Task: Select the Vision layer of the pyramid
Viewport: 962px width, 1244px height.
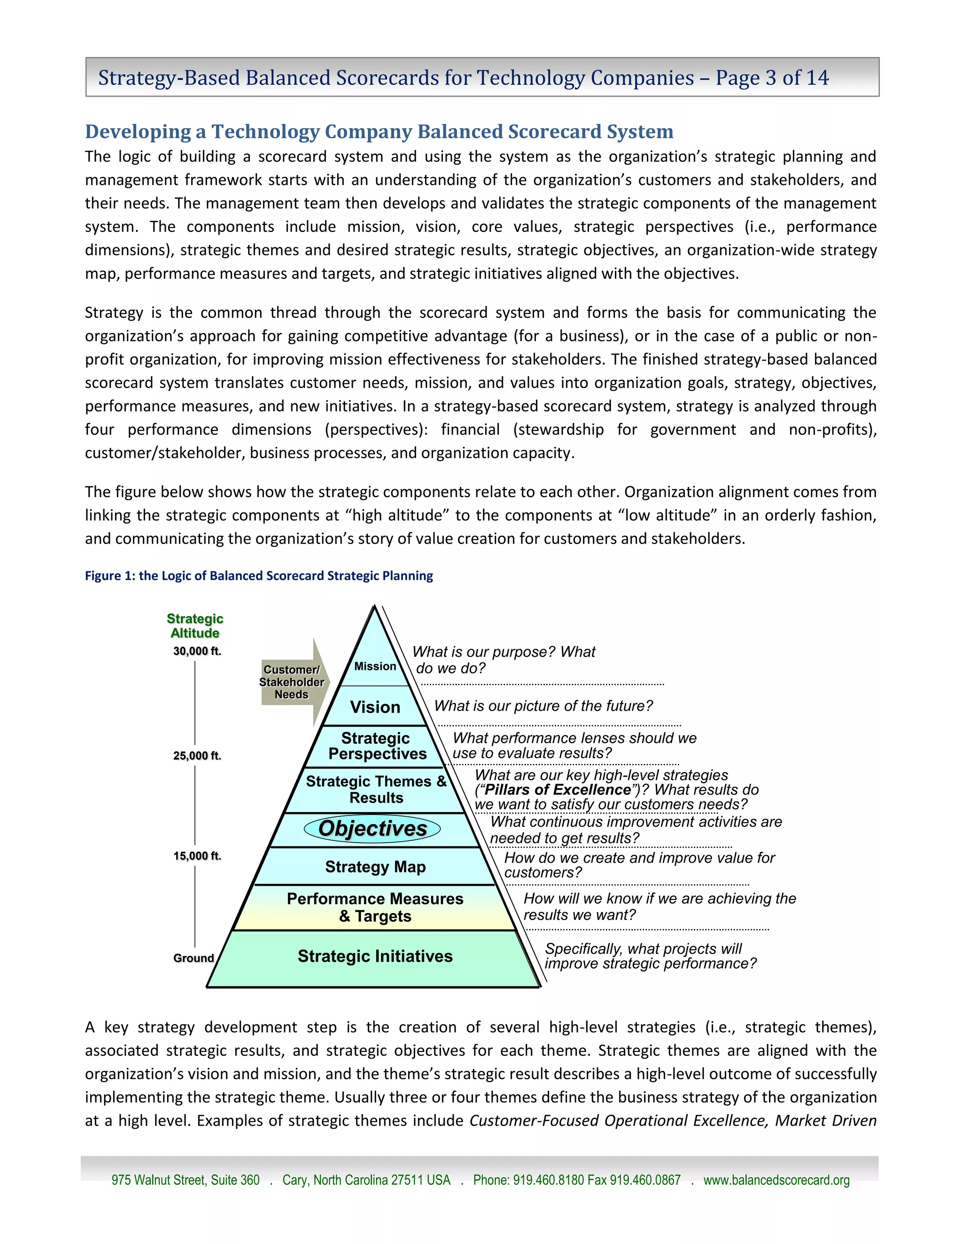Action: tap(374, 707)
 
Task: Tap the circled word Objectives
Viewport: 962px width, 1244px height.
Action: tap(372, 828)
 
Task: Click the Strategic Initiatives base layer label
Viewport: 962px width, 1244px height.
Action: tap(375, 956)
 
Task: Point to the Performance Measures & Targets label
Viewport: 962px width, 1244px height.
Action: tap(375, 907)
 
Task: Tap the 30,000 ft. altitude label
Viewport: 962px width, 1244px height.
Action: tap(197, 651)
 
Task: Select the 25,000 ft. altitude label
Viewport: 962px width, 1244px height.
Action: tap(197, 756)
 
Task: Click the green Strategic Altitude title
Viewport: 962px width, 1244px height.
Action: tap(195, 625)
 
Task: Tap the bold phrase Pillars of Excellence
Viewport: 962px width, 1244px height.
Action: tap(558, 790)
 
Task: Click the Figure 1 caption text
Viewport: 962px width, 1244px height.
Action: tap(259, 576)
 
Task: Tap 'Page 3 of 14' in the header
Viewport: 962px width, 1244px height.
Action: tap(772, 77)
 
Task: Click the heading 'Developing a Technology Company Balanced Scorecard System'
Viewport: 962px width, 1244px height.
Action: tap(379, 131)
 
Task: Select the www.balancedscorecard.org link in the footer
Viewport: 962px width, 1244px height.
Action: tap(776, 1180)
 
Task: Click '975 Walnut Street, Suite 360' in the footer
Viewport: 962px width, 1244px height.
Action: tap(185, 1180)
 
